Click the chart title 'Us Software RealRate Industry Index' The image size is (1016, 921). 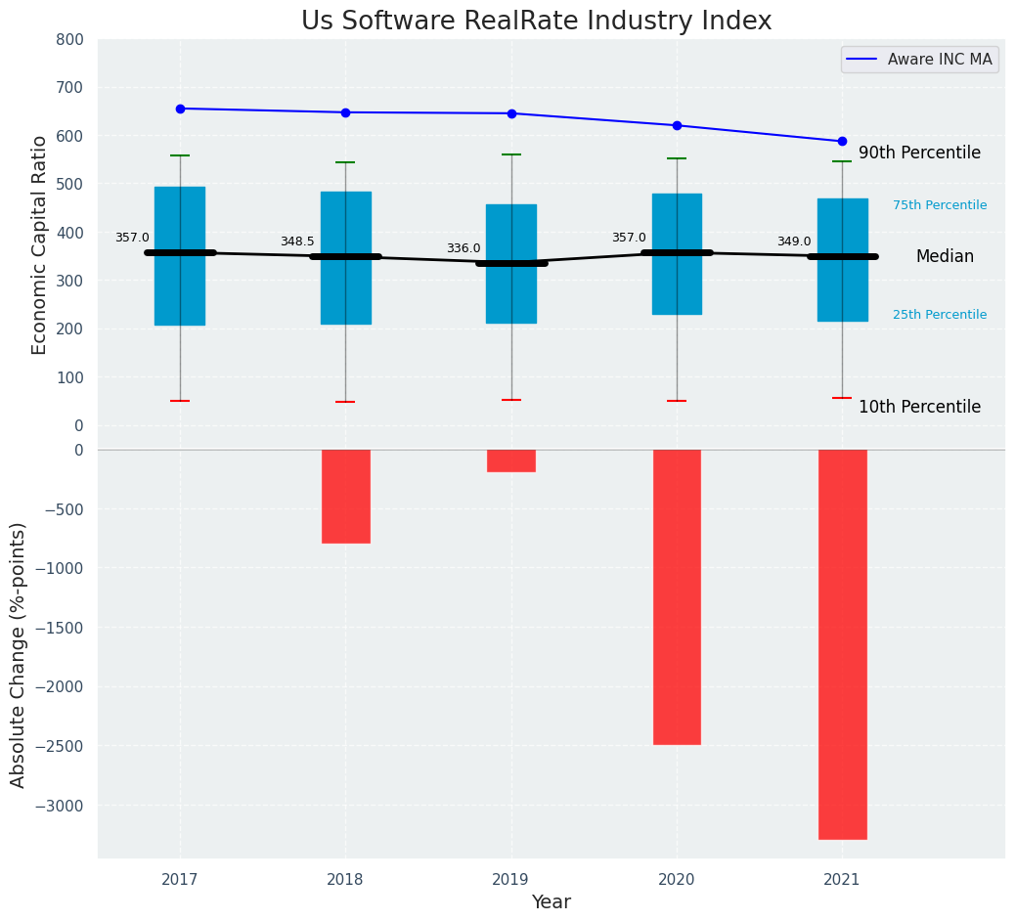pyautogui.click(x=536, y=22)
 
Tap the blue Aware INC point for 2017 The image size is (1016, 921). pyautogui.click(x=180, y=109)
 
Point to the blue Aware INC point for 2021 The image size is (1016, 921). pyautogui.click(x=842, y=141)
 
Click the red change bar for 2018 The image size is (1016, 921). pyautogui.click(x=345, y=496)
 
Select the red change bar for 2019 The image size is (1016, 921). pyautogui.click(x=511, y=460)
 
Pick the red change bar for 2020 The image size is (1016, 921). pyautogui.click(x=677, y=596)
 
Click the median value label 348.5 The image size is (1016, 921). pyautogui.click(x=297, y=241)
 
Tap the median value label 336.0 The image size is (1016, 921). pyautogui.click(x=464, y=248)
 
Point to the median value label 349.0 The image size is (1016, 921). pyautogui.click(x=794, y=241)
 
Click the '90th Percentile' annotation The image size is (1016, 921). pyautogui.click(x=919, y=153)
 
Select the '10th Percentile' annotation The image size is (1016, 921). pyautogui.click(x=919, y=407)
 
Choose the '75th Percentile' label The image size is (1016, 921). pyautogui.click(x=940, y=205)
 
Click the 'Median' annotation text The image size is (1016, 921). pyautogui.click(x=945, y=256)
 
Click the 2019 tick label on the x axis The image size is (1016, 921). pyautogui.click(x=510, y=879)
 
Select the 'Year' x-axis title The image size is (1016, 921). pyautogui.click(x=551, y=902)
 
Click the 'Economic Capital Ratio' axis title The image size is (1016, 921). pyautogui.click(x=40, y=244)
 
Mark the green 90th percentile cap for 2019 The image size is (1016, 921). pyautogui.click(x=511, y=154)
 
